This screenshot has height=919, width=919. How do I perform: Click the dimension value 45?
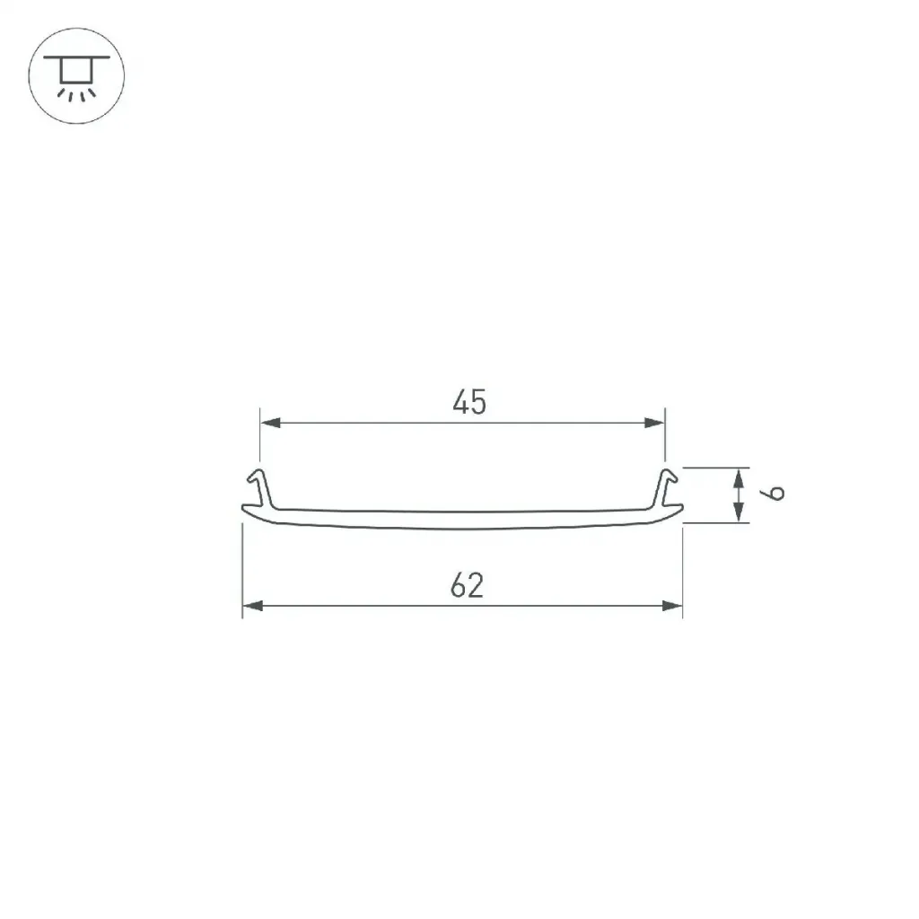469,402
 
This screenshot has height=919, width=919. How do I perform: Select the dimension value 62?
467,585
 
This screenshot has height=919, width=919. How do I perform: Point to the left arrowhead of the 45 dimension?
270,423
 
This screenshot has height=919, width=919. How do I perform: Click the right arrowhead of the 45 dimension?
654,423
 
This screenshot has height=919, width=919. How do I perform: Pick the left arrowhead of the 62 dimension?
252,606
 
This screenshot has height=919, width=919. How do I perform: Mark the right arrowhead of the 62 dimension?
672,606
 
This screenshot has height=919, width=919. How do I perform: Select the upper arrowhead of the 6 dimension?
739,478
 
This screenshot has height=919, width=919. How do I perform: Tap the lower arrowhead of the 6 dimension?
739,512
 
